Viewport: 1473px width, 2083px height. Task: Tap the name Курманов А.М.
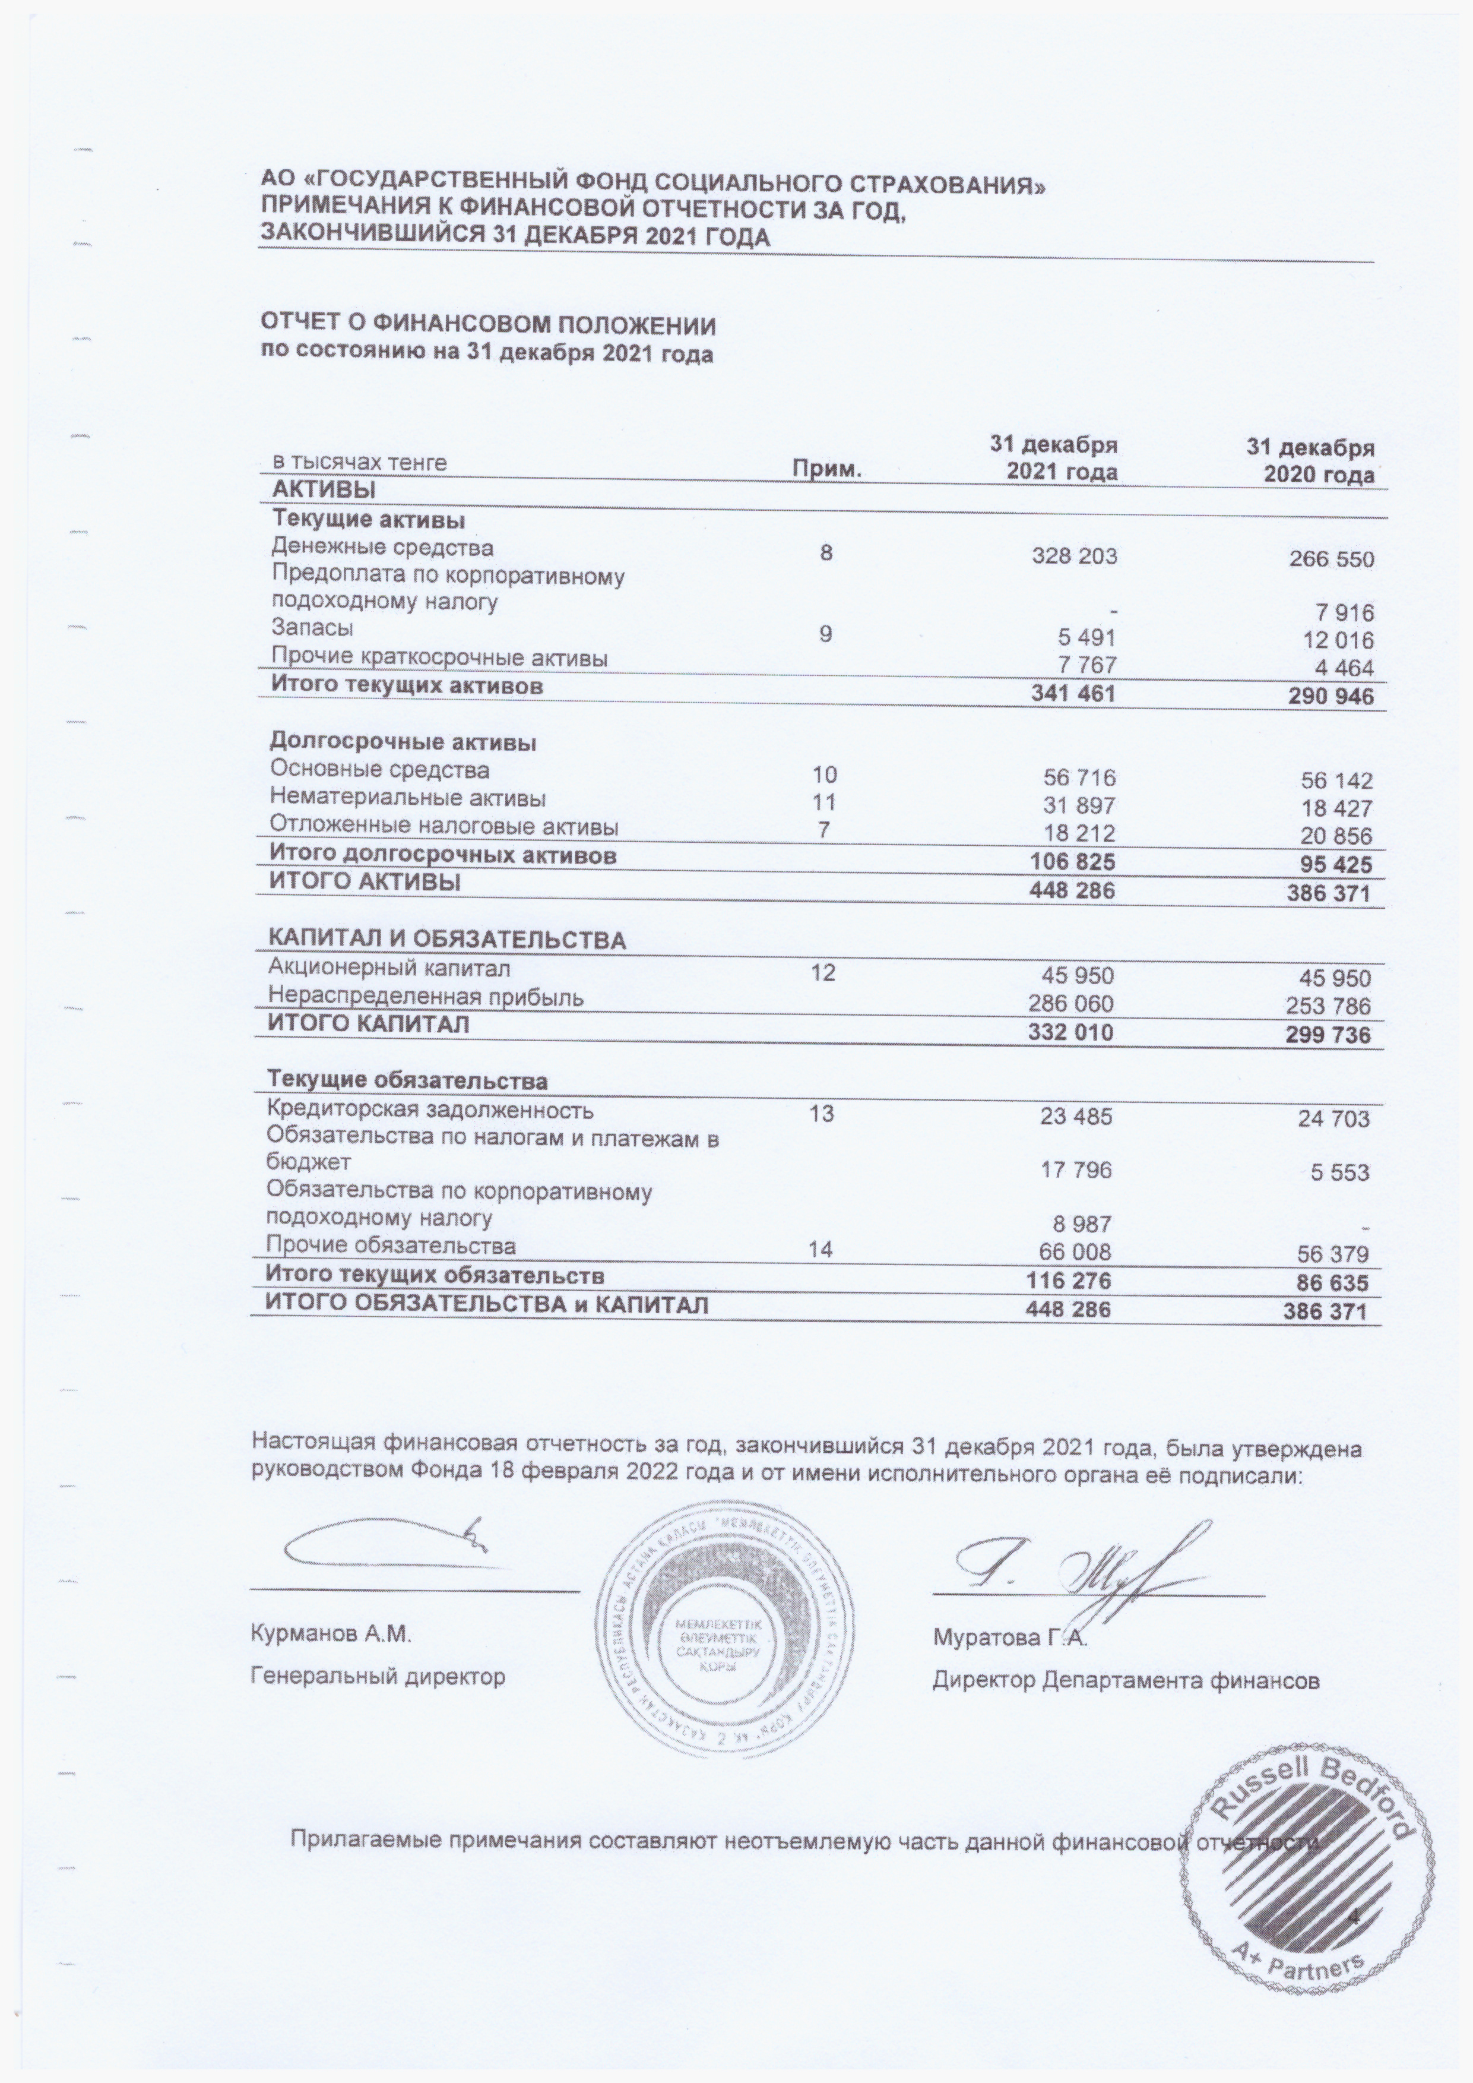point(331,1636)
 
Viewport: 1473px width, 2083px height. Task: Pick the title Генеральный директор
point(378,1677)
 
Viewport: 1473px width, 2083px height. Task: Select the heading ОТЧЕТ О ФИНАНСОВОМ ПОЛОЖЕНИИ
point(488,325)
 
